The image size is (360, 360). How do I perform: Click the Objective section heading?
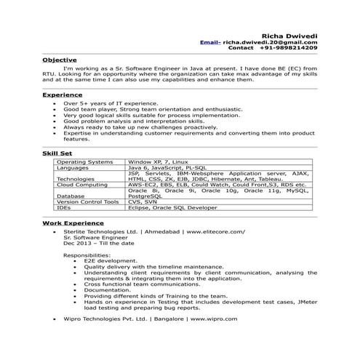coord(59,59)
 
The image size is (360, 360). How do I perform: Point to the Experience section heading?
coord(62,95)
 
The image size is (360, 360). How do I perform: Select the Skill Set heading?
coord(58,153)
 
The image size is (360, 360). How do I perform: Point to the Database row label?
coord(70,196)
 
